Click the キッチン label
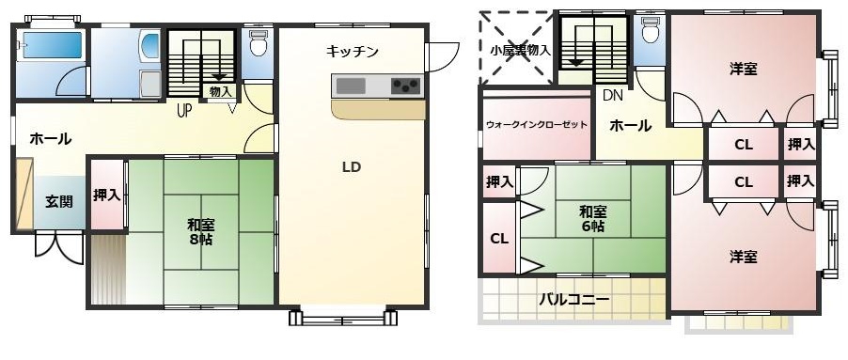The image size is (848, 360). (353, 53)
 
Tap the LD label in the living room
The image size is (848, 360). (352, 167)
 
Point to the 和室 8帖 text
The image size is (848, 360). (200, 231)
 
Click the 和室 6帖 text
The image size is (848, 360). (592, 219)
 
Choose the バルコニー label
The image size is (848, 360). (573, 300)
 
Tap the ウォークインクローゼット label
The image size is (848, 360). (536, 125)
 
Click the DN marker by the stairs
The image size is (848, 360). (612, 95)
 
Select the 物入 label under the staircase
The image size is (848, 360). (221, 91)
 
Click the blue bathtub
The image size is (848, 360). (52, 45)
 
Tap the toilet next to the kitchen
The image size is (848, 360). (258, 42)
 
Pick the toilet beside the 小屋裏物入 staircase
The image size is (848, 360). (649, 34)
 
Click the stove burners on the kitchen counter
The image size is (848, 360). (405, 86)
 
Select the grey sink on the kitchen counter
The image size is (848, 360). (351, 86)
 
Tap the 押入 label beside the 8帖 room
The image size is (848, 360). (106, 196)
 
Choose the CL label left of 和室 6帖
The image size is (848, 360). (498, 239)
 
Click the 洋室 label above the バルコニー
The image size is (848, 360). (744, 256)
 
